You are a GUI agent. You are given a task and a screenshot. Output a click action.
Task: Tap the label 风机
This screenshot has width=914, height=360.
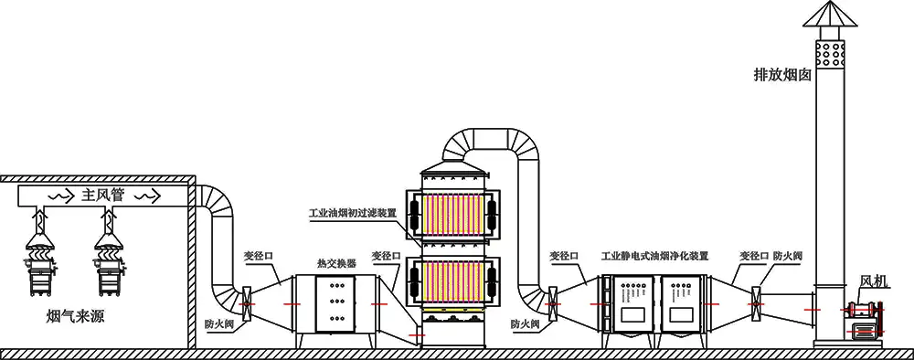coord(873,281)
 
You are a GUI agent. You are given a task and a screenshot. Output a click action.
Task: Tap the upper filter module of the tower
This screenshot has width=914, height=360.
coord(453,218)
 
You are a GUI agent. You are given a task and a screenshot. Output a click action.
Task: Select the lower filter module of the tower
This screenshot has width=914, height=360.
coord(453,284)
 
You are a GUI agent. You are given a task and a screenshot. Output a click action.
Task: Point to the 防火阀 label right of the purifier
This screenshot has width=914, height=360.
coord(787,257)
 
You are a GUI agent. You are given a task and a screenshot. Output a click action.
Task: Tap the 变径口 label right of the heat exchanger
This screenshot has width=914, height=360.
coord(388,257)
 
